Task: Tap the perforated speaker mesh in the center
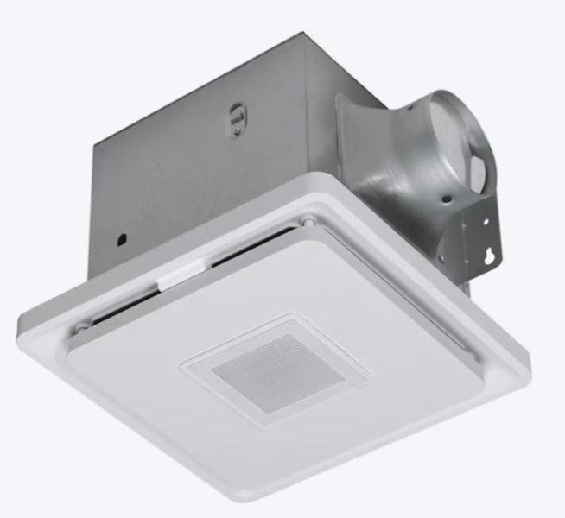272,373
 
